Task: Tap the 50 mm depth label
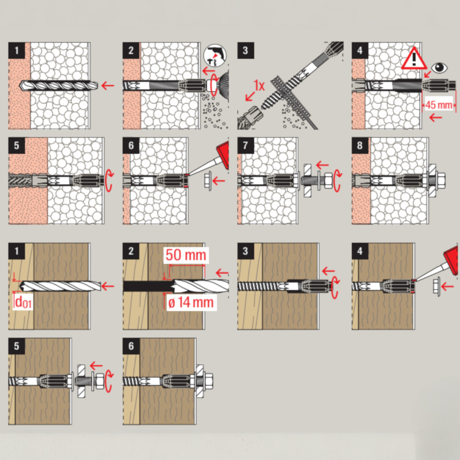[186, 255]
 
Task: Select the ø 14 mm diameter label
[191, 302]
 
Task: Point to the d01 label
[23, 302]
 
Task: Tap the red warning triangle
[414, 58]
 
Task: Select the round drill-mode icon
[215, 55]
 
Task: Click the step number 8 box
[360, 145]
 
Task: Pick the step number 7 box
[246, 145]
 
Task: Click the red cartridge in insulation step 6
[223, 153]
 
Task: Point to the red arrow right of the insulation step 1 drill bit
[108, 85]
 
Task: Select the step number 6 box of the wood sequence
[131, 346]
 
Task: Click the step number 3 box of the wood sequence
[246, 251]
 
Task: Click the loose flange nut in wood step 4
[437, 286]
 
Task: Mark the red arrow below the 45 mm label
[435, 117]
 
